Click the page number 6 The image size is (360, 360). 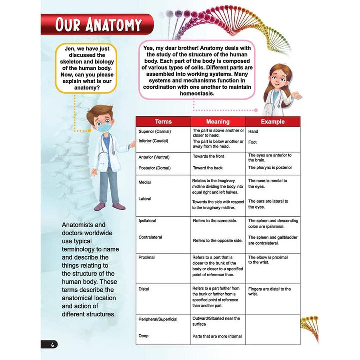[52, 344]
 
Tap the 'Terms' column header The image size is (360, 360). [163, 121]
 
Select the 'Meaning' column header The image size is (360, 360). [218, 121]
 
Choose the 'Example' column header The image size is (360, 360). [273, 121]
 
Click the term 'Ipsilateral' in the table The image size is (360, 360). [150, 220]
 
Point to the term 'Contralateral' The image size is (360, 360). [153, 237]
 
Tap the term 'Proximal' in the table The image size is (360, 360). [147, 257]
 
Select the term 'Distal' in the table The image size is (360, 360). [144, 289]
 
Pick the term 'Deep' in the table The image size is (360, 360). [144, 336]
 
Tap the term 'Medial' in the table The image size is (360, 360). [144, 183]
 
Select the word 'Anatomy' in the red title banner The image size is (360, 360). [112, 24]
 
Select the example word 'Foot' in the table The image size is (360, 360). [253, 142]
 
